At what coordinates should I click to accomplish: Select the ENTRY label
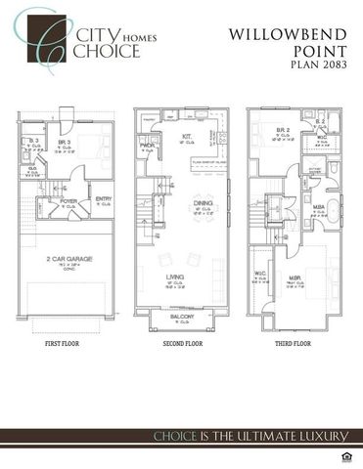tap(102, 201)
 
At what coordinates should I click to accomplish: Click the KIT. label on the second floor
tap(186, 138)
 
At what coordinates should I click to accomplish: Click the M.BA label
tap(318, 207)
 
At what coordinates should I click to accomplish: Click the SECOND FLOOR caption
tap(181, 344)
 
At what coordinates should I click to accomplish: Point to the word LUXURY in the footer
tap(308, 435)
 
